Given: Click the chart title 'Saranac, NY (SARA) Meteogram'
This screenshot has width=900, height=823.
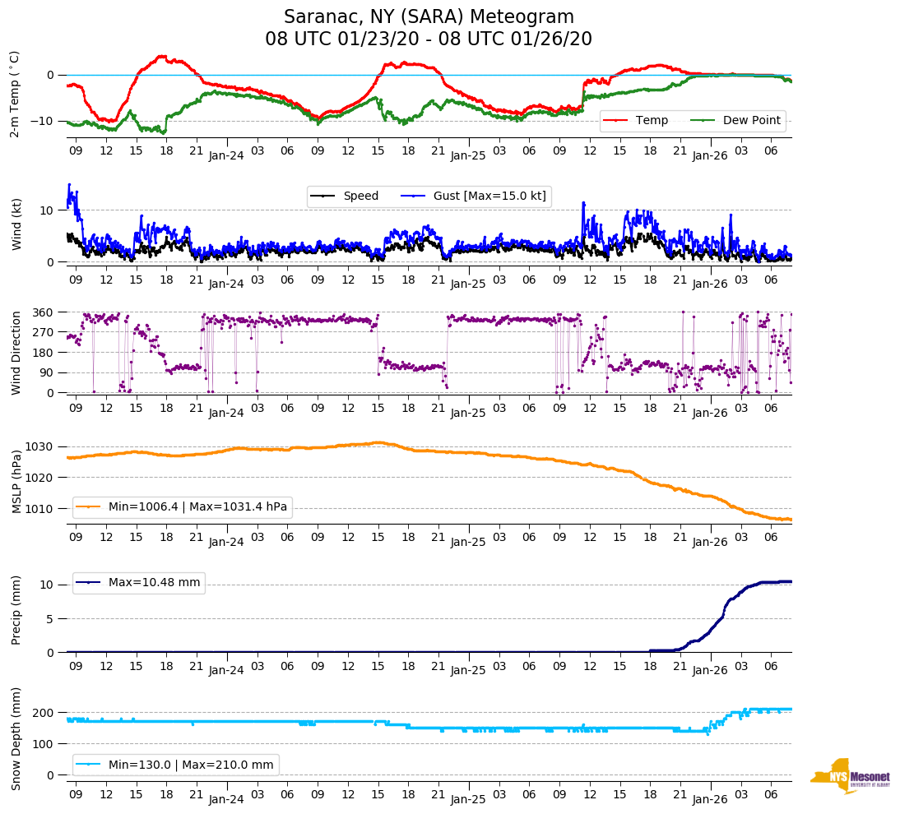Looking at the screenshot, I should click(429, 17).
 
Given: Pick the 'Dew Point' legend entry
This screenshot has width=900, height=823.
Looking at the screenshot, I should click(751, 121).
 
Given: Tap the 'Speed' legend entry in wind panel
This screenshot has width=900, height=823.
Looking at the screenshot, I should click(360, 197).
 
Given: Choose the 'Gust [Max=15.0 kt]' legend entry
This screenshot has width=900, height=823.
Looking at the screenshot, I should click(489, 197).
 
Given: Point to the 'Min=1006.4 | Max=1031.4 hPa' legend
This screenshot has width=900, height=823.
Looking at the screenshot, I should click(197, 507).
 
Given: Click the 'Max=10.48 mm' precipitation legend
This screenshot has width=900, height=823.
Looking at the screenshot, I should click(154, 583).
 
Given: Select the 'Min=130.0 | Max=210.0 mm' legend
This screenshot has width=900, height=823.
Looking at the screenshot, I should click(191, 765).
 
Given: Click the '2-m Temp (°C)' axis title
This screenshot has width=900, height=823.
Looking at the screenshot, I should click(15, 94).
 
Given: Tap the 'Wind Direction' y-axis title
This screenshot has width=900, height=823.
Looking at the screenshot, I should click(16, 353).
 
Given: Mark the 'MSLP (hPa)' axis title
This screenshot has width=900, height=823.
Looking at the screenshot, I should click(16, 478).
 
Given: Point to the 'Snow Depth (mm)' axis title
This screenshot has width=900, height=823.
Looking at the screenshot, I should click(16, 737).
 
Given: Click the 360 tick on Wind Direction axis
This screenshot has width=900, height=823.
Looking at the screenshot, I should click(44, 312).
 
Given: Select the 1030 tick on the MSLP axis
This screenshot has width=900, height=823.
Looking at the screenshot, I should click(41, 447).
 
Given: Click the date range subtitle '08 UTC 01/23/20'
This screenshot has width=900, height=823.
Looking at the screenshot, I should click(338, 39).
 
